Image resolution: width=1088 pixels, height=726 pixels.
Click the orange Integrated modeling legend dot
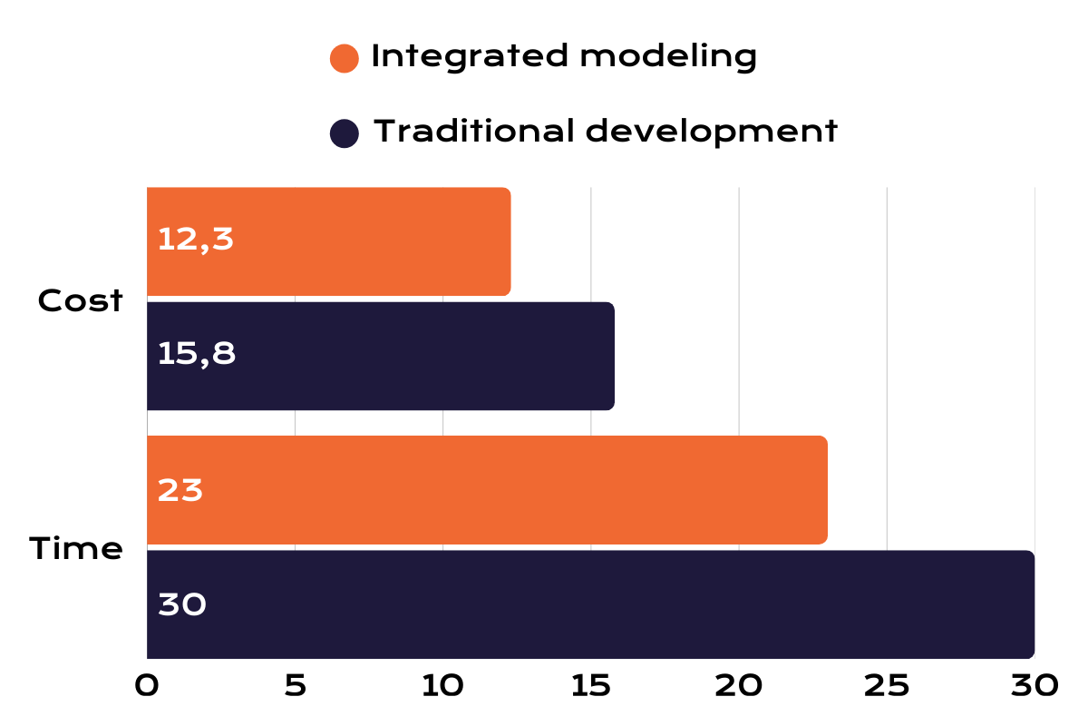345,58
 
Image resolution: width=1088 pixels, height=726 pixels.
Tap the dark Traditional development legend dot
345,133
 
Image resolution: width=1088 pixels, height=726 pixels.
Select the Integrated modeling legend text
564,57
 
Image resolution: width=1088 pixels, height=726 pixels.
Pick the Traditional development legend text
606,132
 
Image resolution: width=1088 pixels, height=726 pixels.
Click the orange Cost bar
363,241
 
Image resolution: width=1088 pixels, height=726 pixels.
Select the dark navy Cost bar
408,356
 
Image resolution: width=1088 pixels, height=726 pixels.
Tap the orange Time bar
508,490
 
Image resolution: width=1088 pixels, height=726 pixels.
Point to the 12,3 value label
196,240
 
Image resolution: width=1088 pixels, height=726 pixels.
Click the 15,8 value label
197,355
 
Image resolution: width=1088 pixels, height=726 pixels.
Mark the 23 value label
180,491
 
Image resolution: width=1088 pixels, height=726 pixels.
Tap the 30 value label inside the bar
182,605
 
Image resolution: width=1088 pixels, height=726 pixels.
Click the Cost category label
80,301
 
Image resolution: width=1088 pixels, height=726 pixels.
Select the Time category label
76,550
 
